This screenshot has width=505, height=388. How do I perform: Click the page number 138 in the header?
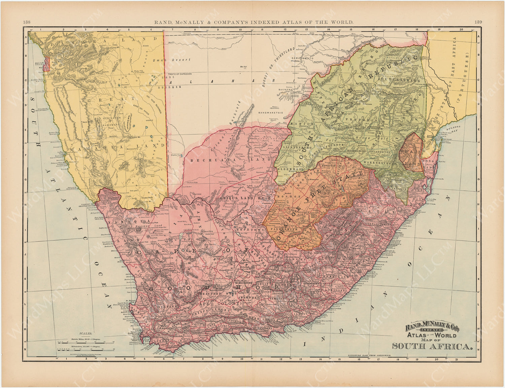coord(27,22)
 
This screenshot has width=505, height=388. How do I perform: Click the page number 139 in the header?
coord(478,22)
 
